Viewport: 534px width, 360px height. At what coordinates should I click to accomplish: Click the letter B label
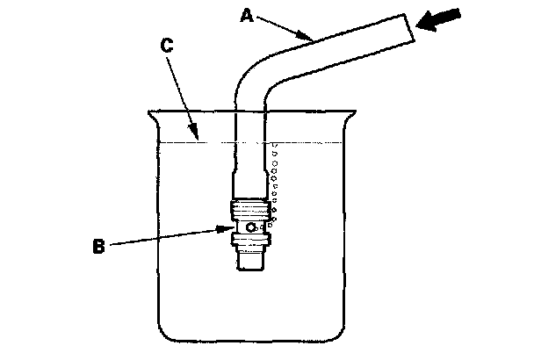(98, 247)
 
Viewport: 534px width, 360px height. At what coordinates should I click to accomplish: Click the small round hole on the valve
(251, 227)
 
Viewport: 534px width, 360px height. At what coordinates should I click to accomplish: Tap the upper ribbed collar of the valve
(252, 211)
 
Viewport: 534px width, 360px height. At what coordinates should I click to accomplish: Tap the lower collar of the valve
(252, 238)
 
